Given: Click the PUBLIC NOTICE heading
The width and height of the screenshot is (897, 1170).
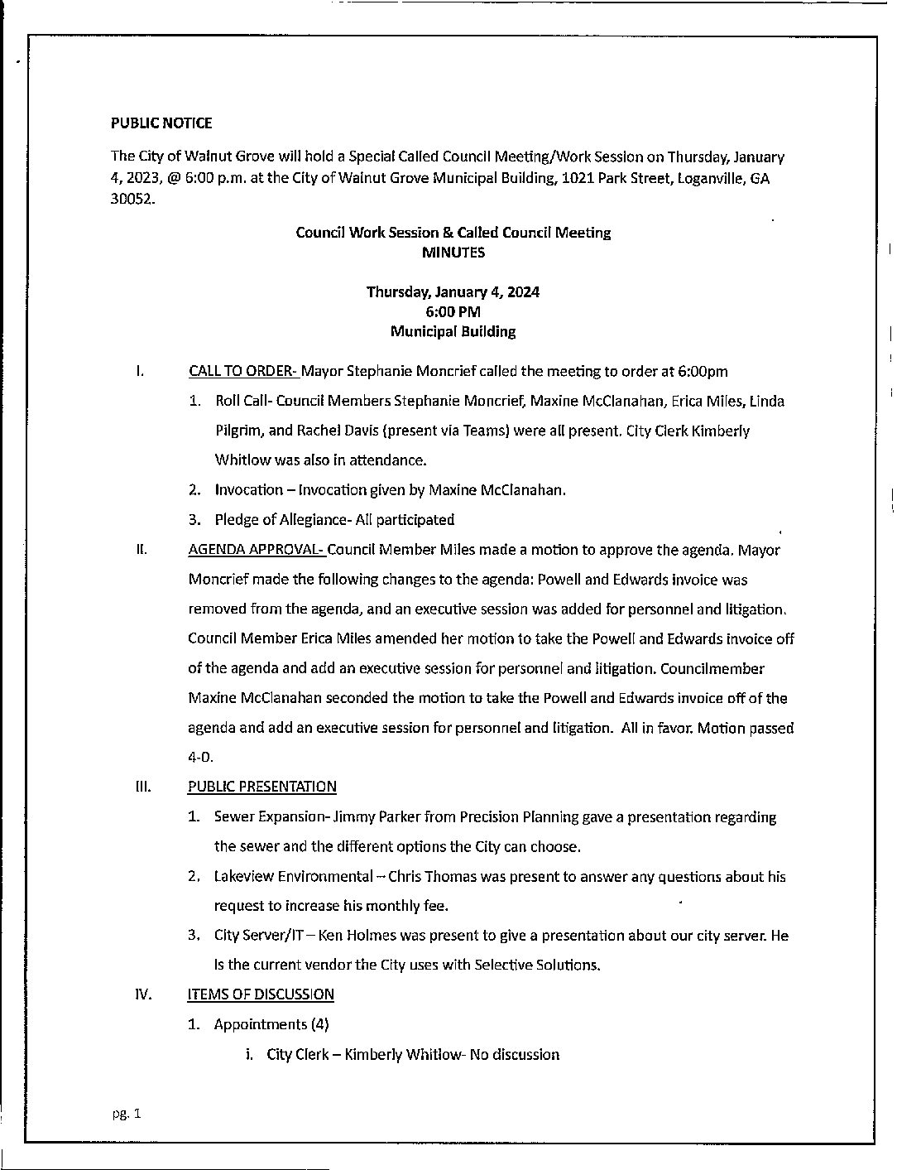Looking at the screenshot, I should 161,123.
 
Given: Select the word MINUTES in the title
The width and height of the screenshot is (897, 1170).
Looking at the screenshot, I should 453,253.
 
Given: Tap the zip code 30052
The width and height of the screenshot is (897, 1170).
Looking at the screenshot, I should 132,200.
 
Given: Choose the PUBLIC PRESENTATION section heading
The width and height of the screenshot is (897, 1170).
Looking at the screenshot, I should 262,787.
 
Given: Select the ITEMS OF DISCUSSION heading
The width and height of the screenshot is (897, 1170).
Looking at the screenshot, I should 261,994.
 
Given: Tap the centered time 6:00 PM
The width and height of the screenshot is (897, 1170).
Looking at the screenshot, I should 453,311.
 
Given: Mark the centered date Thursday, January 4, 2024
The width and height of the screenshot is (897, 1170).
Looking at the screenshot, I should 453,291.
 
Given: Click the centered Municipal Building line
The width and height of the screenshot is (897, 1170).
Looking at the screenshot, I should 453,331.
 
